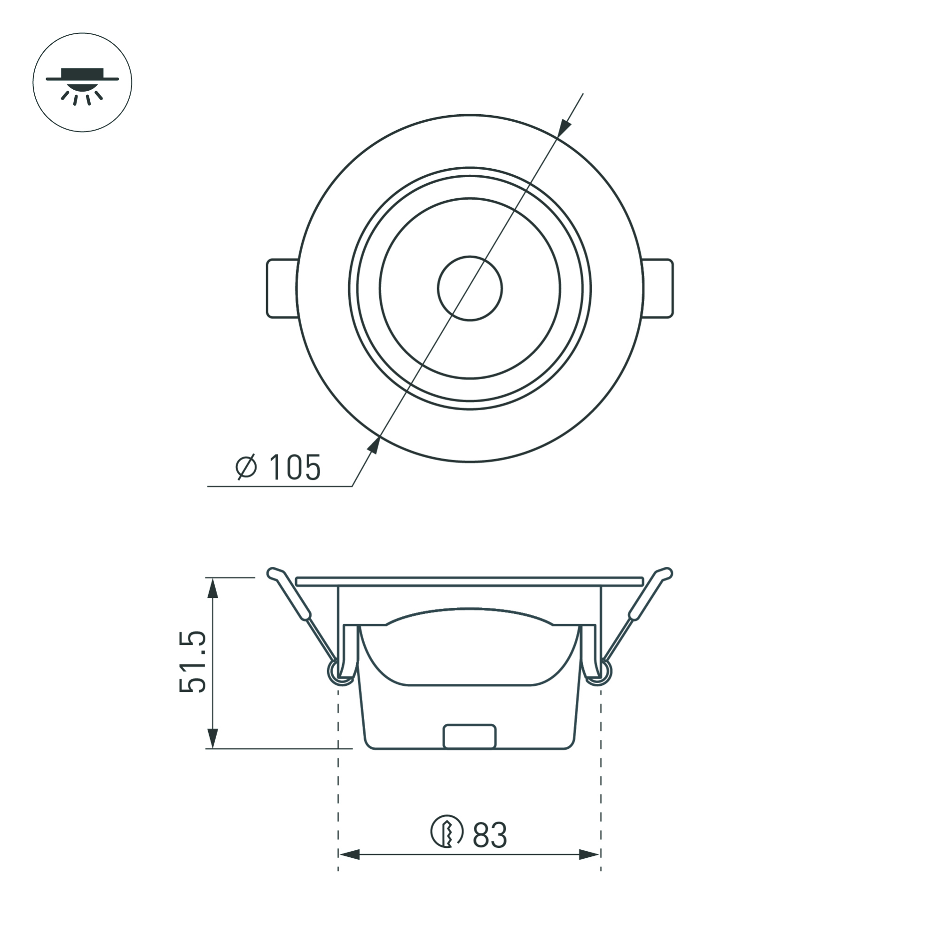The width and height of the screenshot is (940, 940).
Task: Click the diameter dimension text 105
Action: coord(295,468)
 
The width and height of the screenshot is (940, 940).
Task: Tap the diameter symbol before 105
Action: coord(246,467)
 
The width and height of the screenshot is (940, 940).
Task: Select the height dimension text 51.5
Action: coord(193,662)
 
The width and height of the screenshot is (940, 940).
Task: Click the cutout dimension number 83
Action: coord(489,835)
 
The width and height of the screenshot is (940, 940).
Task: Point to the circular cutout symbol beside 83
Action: coord(446,831)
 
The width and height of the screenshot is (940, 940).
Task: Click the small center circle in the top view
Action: coord(470,289)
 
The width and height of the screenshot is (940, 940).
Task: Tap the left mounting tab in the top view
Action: coord(282,289)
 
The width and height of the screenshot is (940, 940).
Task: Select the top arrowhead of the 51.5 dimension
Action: coord(212,588)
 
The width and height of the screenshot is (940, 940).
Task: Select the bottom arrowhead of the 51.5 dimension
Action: coord(212,737)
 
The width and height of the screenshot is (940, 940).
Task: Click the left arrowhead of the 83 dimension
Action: coord(349,868)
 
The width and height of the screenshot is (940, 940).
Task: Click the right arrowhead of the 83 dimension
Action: coord(589,868)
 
